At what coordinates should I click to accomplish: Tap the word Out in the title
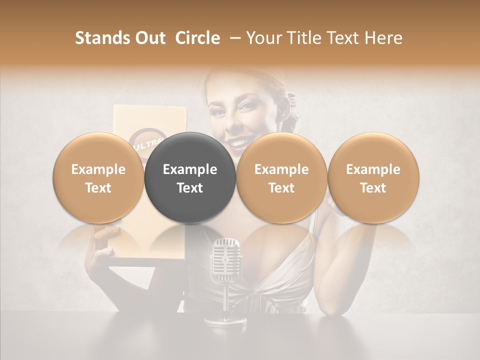tap(149, 38)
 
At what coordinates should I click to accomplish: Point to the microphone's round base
tap(225, 320)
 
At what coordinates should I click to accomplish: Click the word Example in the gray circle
tap(190, 169)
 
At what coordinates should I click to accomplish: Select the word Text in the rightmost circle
tap(373, 188)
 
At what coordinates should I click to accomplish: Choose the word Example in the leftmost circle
tap(98, 169)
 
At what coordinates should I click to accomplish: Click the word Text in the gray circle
tap(190, 188)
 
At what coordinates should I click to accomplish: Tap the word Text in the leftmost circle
tap(98, 188)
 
